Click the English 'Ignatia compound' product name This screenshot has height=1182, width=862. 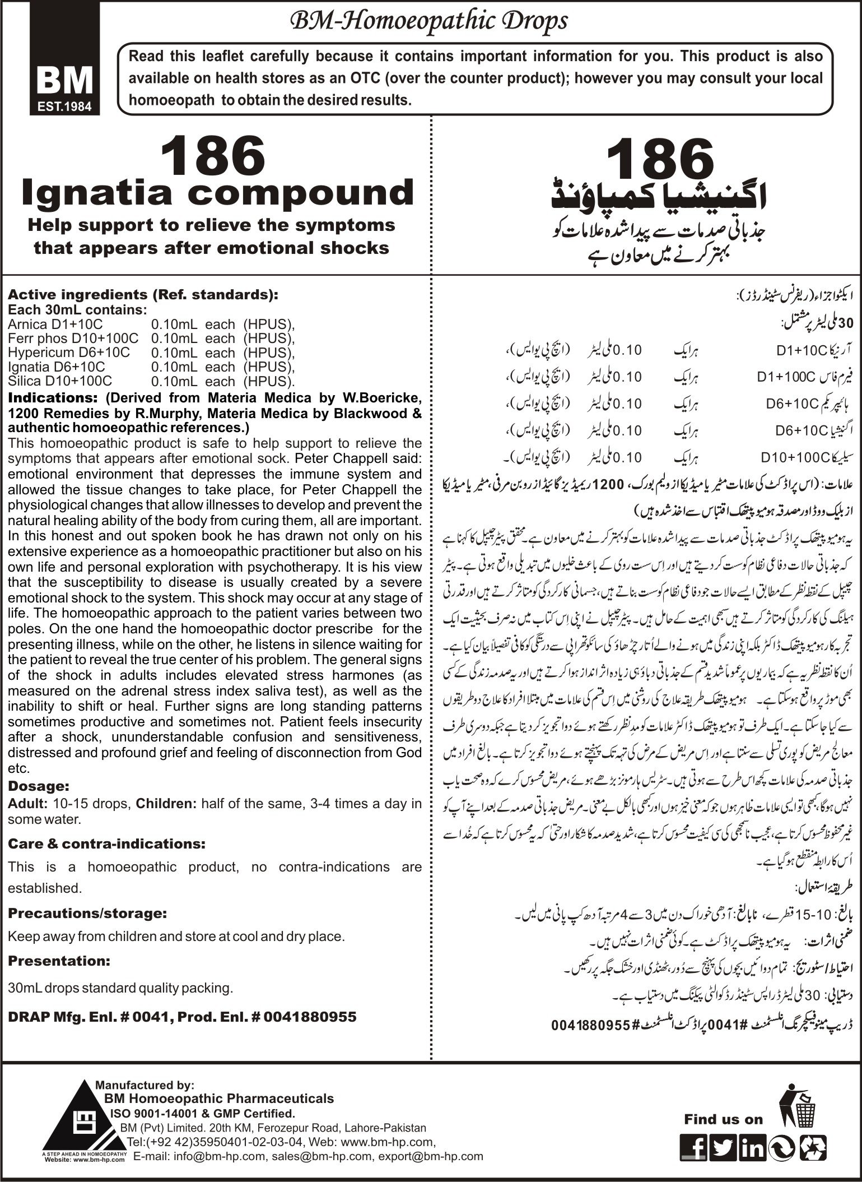[217, 192]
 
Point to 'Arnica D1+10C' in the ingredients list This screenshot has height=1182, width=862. [55, 323]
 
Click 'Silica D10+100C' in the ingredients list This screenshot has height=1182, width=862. [60, 381]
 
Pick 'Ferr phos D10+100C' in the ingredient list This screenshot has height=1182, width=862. [73, 338]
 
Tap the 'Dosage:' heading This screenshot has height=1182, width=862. [39, 785]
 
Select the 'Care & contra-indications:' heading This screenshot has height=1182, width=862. [106, 843]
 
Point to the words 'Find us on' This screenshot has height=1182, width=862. [723, 1103]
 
